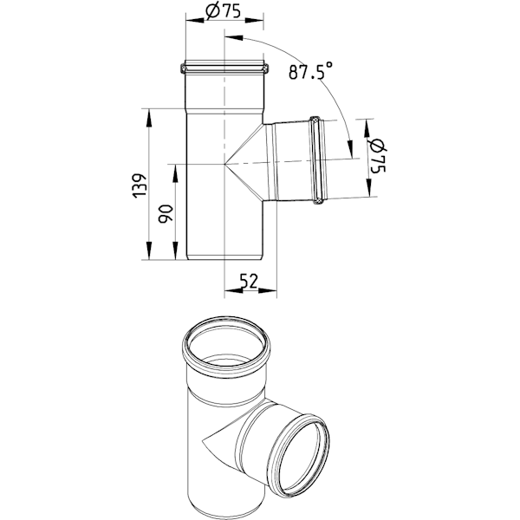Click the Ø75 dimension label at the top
click(223, 11)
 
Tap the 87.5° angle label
click(310, 71)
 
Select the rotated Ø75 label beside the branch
click(377, 156)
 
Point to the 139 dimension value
click(140, 185)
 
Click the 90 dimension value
click(166, 214)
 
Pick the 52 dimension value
click(249, 281)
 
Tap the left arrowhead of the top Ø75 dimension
click(195, 21)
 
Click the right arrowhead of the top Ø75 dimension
click(254, 21)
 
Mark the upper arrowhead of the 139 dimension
click(148, 118)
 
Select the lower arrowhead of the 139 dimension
click(148, 250)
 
